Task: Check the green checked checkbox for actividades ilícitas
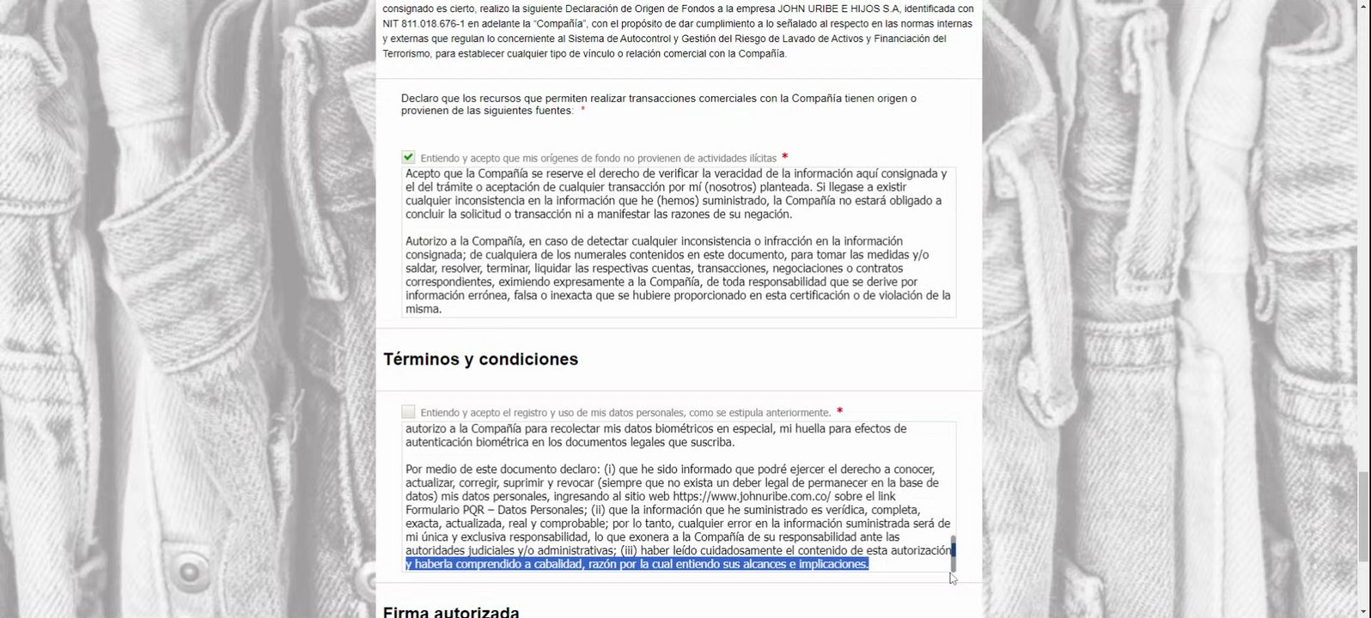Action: click(x=408, y=157)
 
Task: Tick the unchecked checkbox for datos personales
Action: click(x=408, y=412)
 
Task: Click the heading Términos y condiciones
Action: click(x=480, y=359)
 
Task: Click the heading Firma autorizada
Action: click(x=451, y=612)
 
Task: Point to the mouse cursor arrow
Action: click(x=953, y=579)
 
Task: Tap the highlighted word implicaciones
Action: click(x=826, y=564)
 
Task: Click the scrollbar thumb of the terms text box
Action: click(x=953, y=554)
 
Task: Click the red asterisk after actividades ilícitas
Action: click(x=785, y=157)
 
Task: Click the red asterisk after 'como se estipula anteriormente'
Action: click(x=839, y=412)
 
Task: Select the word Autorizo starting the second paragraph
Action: click(x=427, y=241)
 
